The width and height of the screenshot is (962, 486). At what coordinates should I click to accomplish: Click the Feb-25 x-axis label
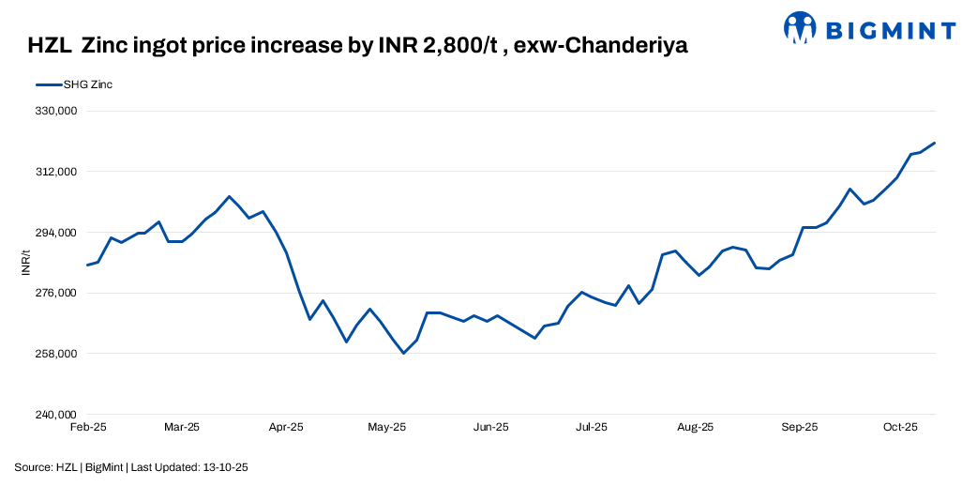(88, 427)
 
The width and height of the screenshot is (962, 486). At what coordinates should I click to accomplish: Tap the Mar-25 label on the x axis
(182, 427)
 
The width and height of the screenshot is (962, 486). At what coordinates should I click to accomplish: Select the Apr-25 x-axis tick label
(286, 427)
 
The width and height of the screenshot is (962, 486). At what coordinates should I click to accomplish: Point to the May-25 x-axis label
(386, 427)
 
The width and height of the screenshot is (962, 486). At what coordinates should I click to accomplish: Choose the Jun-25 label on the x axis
(490, 427)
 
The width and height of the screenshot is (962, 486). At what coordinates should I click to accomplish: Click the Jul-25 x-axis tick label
(591, 427)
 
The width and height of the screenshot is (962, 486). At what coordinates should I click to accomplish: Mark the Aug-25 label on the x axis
(695, 427)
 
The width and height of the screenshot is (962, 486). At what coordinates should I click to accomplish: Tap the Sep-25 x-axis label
(799, 427)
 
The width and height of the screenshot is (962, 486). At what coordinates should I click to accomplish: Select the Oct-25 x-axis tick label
(899, 427)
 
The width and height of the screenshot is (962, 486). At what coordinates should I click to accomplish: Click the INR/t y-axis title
(26, 263)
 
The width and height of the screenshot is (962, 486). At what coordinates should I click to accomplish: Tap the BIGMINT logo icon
(801, 28)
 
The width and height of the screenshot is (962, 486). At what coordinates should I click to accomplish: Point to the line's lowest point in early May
(403, 353)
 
